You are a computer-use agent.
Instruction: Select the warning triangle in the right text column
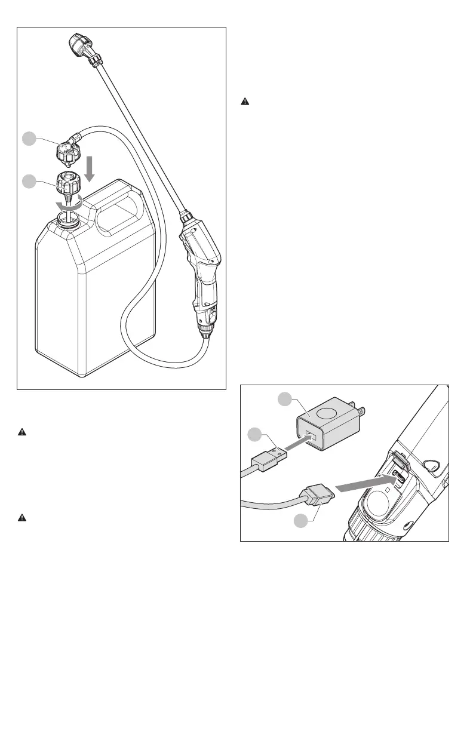point(244,102)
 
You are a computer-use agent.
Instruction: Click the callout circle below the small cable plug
point(305,521)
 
